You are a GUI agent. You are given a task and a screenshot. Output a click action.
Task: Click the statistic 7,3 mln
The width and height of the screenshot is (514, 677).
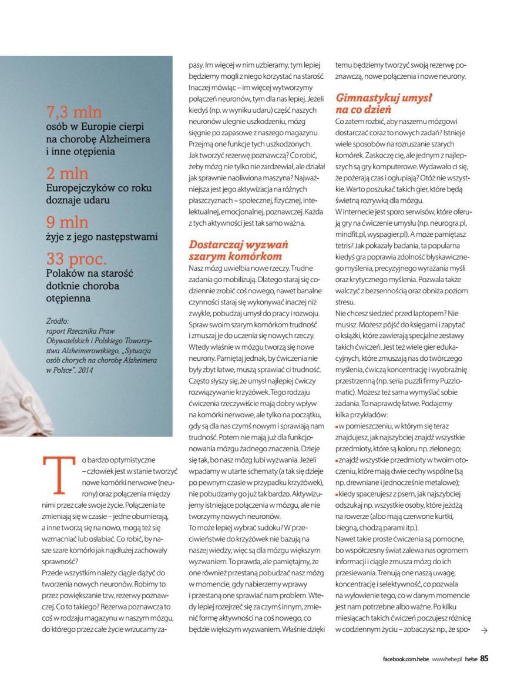[x=74, y=112]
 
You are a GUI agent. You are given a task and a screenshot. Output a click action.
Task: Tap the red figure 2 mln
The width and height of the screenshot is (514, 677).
[x=68, y=174]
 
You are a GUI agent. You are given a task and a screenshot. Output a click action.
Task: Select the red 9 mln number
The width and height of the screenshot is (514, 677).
[x=68, y=223]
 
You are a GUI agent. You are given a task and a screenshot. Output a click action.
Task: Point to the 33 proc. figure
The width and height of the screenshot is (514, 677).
[x=77, y=259]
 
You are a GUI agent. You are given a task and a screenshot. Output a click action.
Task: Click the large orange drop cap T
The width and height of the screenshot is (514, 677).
[x=58, y=474]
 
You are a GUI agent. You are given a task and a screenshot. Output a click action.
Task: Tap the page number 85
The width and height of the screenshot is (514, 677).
[x=485, y=658]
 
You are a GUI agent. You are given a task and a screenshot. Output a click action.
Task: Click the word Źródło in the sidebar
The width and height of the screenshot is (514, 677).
[x=57, y=321]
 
